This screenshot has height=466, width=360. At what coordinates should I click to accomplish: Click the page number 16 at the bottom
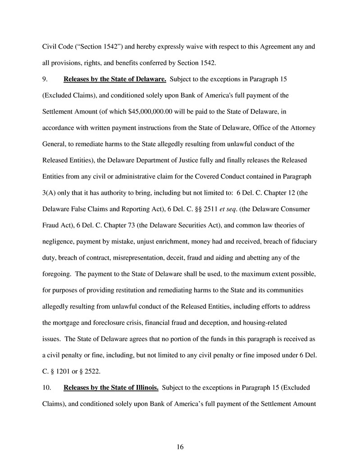pos(180,447)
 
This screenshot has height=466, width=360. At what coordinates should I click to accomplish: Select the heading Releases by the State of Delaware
pos(115,80)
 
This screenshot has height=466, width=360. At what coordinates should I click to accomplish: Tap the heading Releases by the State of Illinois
pos(111,387)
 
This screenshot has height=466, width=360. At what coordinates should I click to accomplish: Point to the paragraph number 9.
pos(44,80)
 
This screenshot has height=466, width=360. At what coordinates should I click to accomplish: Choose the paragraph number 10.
pos(46,387)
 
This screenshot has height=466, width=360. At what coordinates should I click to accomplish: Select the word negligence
pos(59,242)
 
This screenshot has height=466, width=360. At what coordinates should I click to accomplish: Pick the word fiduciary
pos(303,242)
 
